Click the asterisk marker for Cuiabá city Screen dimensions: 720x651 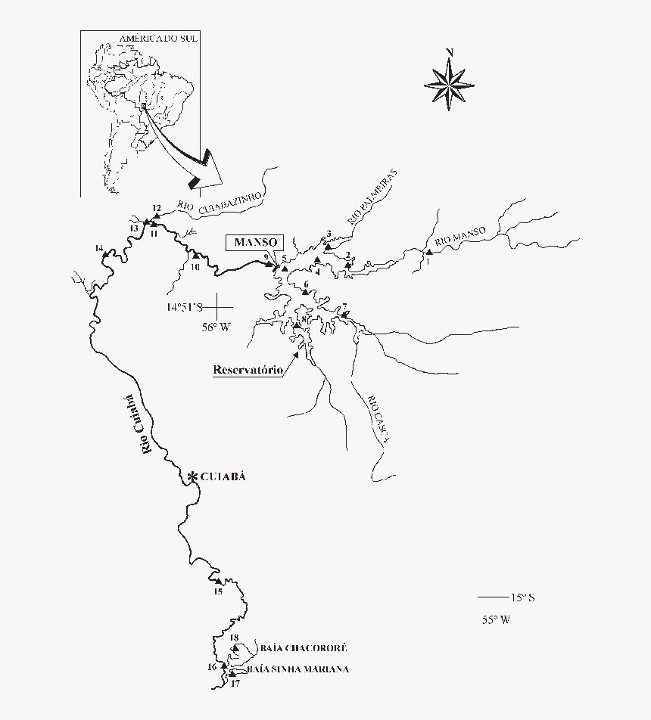coord(192,476)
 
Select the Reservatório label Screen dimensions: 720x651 coord(248,370)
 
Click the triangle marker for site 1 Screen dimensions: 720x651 coord(428,252)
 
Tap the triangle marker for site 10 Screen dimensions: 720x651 coord(195,256)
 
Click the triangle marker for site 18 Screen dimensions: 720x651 coord(235,648)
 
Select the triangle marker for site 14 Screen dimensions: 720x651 coord(104,257)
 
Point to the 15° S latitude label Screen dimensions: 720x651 coord(522,597)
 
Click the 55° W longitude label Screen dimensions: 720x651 coord(497,619)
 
